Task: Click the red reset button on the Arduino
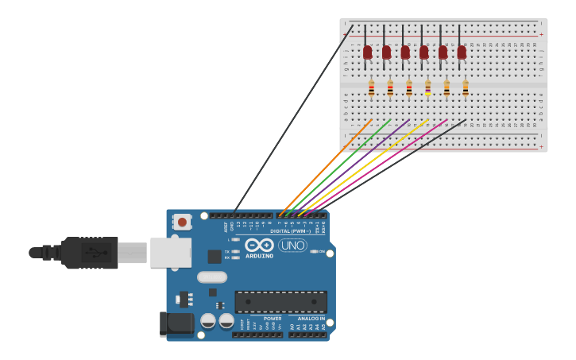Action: pyautogui.click(x=182, y=222)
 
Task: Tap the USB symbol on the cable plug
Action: pyautogui.click(x=94, y=253)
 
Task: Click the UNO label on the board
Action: pyautogui.click(x=292, y=246)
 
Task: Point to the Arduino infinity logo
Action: pyautogui.click(x=259, y=245)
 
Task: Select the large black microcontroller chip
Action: pyautogui.click(x=280, y=302)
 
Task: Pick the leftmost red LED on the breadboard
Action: pyautogui.click(x=367, y=52)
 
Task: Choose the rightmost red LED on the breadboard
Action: pyautogui.click(x=462, y=52)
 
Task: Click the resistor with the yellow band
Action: pyautogui.click(x=428, y=88)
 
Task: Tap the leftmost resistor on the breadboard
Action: pyautogui.click(x=371, y=88)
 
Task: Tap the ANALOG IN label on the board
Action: pyautogui.click(x=311, y=319)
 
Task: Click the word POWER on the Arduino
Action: pyautogui.click(x=273, y=319)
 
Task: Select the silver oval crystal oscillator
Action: pyautogui.click(x=212, y=277)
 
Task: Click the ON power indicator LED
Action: pyautogui.click(x=315, y=251)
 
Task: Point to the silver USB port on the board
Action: pyautogui.click(x=170, y=253)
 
